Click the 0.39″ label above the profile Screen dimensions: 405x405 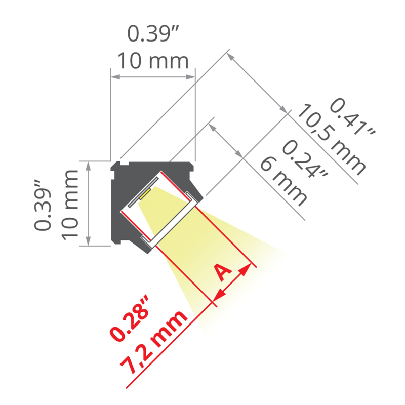pos(153,33)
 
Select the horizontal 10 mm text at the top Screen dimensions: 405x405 pos(153,61)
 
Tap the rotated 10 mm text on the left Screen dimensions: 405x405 pos(70,205)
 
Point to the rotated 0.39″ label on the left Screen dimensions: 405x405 pos(43,204)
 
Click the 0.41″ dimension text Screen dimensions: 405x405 pos(352,117)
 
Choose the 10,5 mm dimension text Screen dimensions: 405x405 pos(332,140)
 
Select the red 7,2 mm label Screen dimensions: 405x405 pos(153,342)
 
